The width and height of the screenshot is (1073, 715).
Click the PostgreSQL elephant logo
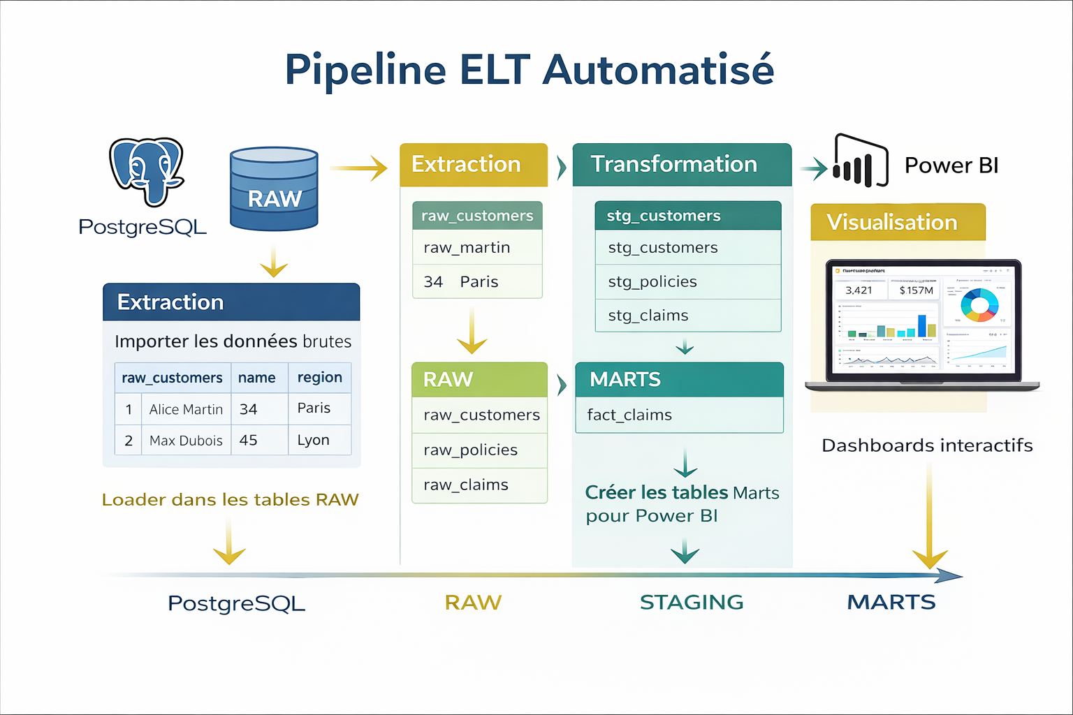(147, 171)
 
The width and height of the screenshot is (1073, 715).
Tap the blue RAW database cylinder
(274, 189)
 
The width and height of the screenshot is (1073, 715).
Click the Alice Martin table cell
(186, 409)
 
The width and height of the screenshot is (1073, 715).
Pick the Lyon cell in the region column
(313, 440)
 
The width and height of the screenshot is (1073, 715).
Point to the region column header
(319, 377)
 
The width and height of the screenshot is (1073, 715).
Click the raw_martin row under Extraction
(467, 247)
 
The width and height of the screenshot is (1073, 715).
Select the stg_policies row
(652, 281)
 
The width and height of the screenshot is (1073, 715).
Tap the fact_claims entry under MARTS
(629, 415)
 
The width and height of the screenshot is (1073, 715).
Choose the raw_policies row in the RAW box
(470, 450)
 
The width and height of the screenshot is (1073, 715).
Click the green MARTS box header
(679, 379)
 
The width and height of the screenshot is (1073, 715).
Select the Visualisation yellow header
(897, 222)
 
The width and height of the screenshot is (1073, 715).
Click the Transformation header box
(681, 164)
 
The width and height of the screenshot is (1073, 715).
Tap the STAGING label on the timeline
(692, 602)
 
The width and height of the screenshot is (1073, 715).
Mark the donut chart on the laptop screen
(979, 304)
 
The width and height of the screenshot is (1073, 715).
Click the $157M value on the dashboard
(916, 290)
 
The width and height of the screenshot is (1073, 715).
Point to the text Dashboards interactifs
(927, 445)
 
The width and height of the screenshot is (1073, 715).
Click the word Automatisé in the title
(658, 70)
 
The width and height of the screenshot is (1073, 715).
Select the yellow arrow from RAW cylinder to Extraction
(358, 168)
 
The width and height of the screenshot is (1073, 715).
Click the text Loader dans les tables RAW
(230, 500)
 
